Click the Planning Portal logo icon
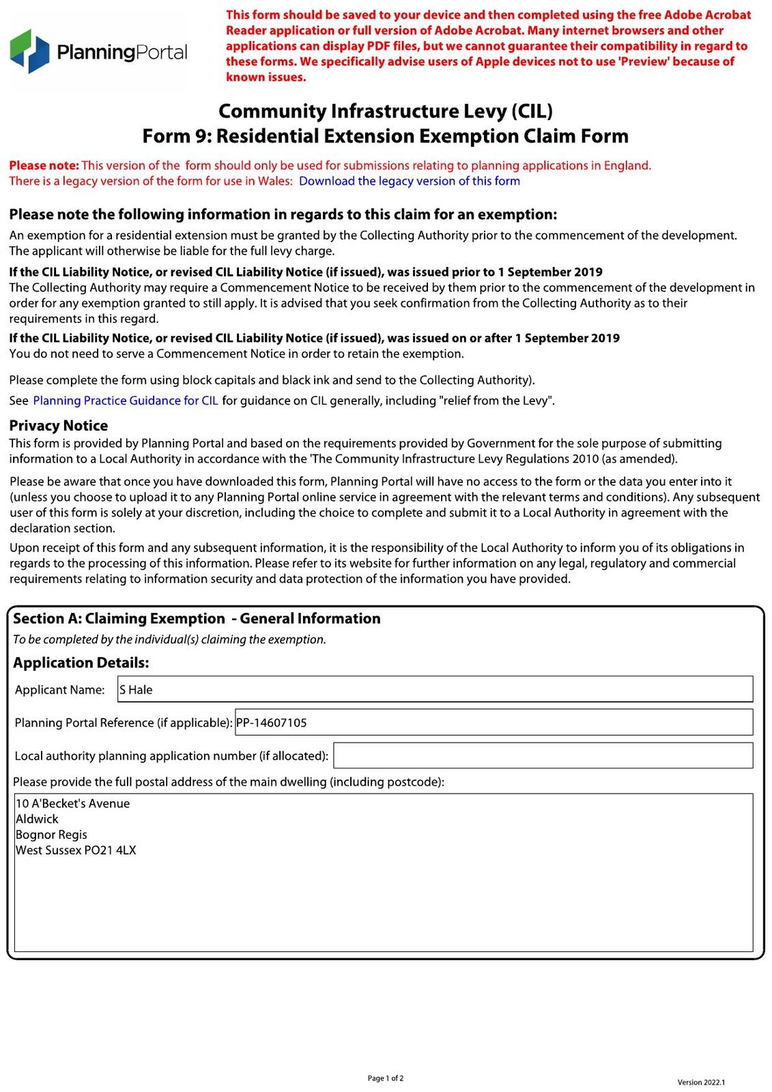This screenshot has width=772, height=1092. pyautogui.click(x=30, y=51)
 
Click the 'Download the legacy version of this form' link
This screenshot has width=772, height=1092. pyautogui.click(x=409, y=181)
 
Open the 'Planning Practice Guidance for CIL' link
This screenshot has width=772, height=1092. pyautogui.click(x=126, y=401)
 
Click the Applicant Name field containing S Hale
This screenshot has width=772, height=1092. pyautogui.click(x=435, y=689)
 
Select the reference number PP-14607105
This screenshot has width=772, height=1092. pyautogui.click(x=272, y=723)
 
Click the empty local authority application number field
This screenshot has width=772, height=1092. pyautogui.click(x=543, y=756)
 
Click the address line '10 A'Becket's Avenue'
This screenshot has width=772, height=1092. pyautogui.click(x=72, y=803)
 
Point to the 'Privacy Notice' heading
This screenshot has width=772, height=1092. pyautogui.click(x=59, y=425)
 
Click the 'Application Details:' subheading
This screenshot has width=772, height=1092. pyautogui.click(x=81, y=663)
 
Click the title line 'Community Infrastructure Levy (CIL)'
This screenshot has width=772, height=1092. pyautogui.click(x=385, y=111)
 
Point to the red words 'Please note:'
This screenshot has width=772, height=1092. pyautogui.click(x=44, y=165)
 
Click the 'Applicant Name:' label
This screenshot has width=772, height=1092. pyautogui.click(x=60, y=690)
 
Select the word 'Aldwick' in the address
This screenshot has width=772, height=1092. pyautogui.click(x=37, y=819)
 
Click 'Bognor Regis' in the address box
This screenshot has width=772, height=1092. pyautogui.click(x=51, y=835)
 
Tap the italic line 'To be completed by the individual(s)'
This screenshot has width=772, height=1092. pyautogui.click(x=169, y=640)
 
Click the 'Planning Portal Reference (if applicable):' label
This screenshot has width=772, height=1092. pyautogui.click(x=124, y=723)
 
